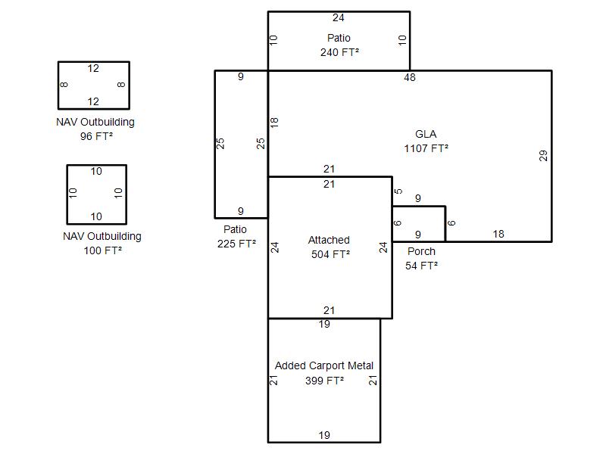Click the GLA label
pos(426,134)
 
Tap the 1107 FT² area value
pos(426,148)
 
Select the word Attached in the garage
pos(329,240)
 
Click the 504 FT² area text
pos(331,254)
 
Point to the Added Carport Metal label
pos(324,365)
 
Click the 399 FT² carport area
pos(325,381)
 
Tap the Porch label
pos(421,251)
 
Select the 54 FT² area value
pos(422,266)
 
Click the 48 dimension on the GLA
pos(410,78)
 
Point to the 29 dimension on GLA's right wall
pos(543,156)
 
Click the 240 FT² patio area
pos(339,52)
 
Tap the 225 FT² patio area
pos(236,244)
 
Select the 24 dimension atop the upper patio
pos(338,17)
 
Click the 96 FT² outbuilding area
pos(97,136)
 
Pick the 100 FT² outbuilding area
pos(103,250)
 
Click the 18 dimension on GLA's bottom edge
pos(498,234)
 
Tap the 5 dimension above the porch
pos(398,191)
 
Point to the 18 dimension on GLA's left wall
pos(274,123)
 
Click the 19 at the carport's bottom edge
pos(324,435)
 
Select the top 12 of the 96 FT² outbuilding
pos(93,68)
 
